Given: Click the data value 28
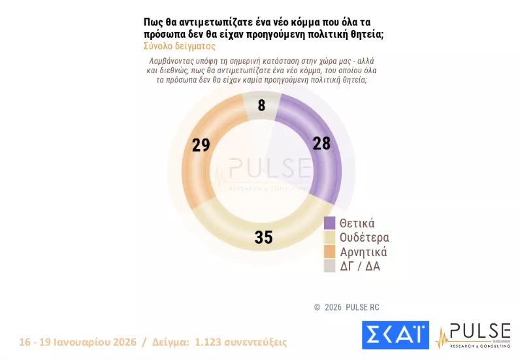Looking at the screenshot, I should pos(321,144).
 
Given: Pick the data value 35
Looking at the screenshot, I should pos(263,237).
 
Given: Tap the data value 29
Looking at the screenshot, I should pos(201,145).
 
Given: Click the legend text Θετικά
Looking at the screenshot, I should pos(357,223).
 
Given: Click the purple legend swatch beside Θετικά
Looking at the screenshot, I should pos(330,223).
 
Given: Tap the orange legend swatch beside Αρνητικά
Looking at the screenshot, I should pos(330,252).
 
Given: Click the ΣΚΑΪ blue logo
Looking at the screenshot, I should pos(395,335).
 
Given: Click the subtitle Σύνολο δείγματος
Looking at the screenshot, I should pos(179,46).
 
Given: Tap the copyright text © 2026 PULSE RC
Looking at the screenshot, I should pos(346,307).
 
